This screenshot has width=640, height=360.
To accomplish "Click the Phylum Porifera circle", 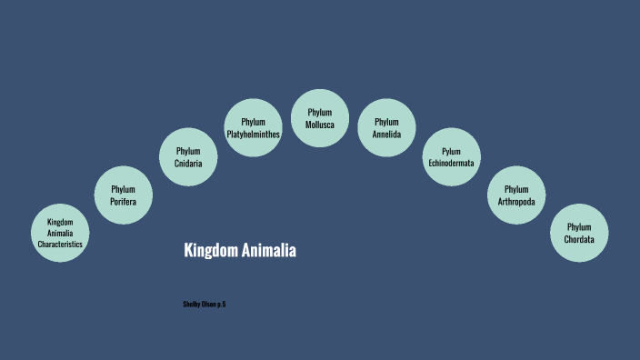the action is click(124, 195).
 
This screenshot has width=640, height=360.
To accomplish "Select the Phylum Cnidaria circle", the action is click(188, 156).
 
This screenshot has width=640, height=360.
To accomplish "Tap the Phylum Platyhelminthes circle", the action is click(254, 128).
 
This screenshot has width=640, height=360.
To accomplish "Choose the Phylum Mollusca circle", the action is click(320, 117).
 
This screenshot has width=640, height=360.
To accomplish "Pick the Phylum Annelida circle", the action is click(386, 128).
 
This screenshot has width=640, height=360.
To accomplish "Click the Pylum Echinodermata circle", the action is click(452, 156).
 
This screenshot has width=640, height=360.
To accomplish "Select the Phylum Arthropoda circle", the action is click(516, 195).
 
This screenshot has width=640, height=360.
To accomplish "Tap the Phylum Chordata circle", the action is click(579, 233).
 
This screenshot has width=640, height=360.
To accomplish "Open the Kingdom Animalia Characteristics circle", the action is click(60, 233).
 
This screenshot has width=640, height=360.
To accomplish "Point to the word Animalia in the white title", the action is click(270, 250).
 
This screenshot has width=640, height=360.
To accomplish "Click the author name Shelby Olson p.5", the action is click(205, 303).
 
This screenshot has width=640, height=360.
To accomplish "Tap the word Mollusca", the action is click(320, 124).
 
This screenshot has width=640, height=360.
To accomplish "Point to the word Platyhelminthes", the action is click(254, 135).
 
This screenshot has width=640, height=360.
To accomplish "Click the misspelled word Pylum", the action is click(452, 151).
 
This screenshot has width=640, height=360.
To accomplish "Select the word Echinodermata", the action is click(452, 164).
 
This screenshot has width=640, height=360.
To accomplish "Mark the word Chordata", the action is click(579, 239).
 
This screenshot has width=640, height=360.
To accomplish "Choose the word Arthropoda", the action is click(516, 201).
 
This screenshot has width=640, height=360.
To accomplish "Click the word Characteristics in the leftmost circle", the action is click(60, 245).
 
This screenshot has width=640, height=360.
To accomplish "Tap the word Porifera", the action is click(124, 201).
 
